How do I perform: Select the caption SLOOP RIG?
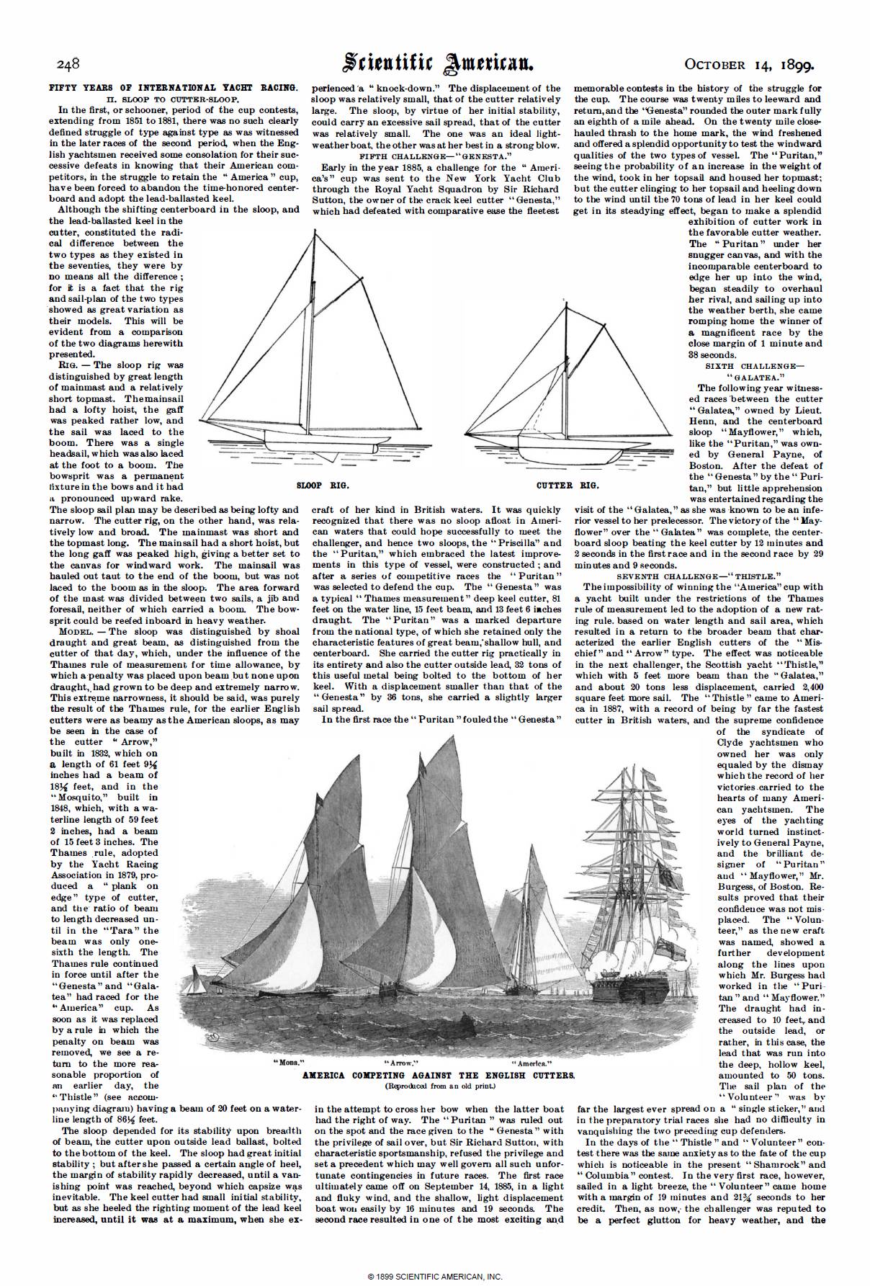(x=313, y=486)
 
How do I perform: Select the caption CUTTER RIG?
(x=568, y=486)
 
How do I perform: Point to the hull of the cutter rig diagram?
(x=569, y=456)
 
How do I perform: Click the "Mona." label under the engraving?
(x=284, y=1063)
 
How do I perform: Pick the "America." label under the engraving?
(x=532, y=1063)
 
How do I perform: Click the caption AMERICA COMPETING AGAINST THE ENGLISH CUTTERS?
(x=438, y=1074)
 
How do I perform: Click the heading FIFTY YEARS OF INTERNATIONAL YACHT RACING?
(x=173, y=87)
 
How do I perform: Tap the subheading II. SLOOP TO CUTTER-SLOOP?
(x=173, y=99)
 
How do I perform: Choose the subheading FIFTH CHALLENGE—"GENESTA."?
(x=435, y=156)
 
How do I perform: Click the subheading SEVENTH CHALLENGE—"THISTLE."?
(x=699, y=576)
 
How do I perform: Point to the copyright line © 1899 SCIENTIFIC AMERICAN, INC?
(x=435, y=1277)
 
